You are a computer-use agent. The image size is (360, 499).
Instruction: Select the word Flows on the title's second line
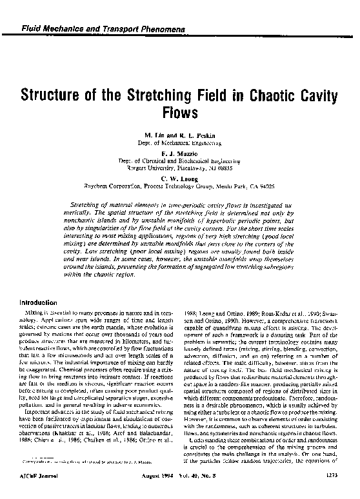(x=179, y=114)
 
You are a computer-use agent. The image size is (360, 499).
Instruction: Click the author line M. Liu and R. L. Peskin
(x=179, y=137)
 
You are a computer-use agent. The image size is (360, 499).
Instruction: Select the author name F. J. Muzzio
(x=179, y=155)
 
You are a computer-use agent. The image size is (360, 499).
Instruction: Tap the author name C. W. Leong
(x=179, y=179)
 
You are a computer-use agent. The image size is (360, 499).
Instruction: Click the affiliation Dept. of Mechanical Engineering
(x=179, y=144)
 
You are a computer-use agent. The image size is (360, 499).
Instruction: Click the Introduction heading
(x=41, y=302)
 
